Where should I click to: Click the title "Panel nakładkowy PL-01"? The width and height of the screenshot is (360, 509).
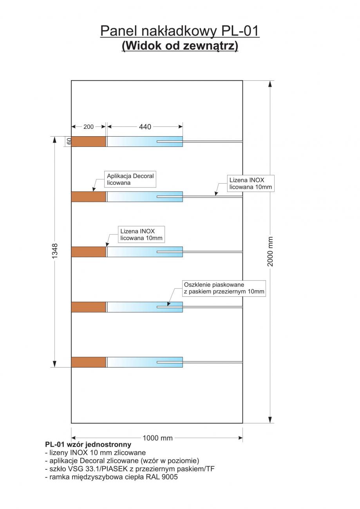[x=180, y=31]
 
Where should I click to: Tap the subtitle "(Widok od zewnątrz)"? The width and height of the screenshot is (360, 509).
[x=180, y=46]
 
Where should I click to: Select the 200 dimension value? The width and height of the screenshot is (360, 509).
[x=89, y=126]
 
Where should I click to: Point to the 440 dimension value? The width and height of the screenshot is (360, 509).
[x=145, y=126]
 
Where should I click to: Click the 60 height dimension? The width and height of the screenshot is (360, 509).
[x=69, y=141]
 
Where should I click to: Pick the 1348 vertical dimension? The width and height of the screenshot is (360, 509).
[x=55, y=251]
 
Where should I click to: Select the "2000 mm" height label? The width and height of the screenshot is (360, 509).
[x=270, y=251]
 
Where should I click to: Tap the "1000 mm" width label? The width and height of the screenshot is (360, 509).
[x=157, y=438]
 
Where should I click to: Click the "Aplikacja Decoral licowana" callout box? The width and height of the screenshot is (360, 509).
[x=130, y=179]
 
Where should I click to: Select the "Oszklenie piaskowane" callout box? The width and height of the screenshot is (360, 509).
[x=224, y=288]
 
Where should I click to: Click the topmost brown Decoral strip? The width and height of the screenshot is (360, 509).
[x=88, y=141]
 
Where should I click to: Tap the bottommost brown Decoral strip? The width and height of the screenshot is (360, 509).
[x=88, y=362]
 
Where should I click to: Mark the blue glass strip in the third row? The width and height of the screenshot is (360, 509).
[x=145, y=252]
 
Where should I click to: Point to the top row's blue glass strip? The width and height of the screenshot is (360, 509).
[x=145, y=141]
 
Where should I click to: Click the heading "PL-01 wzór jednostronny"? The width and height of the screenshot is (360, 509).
[x=88, y=444]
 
